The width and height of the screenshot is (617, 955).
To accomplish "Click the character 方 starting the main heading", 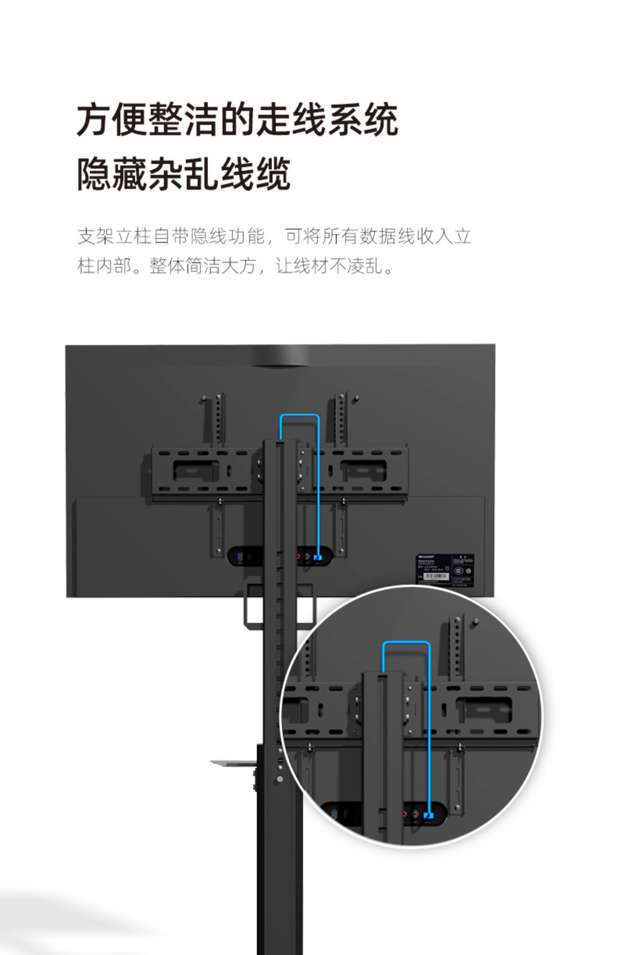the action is tap(94, 120).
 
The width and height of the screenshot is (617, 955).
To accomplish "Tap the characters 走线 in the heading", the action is tap(291, 120).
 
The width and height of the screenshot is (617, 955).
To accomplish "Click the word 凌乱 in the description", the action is tap(365, 266).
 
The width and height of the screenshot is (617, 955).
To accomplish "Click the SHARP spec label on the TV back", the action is tap(445, 570).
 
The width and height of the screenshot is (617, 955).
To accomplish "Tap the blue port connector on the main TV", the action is tap(318, 558).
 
